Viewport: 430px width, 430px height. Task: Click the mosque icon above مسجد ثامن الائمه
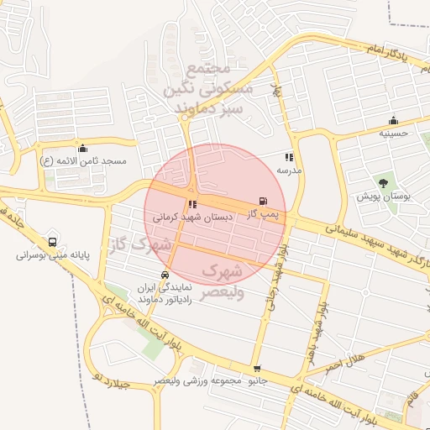coord(82,148)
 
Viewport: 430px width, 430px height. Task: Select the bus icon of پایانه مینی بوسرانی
coord(54,241)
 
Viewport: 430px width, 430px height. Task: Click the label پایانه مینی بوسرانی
coord(54,254)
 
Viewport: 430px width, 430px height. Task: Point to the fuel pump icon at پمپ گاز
coord(264,201)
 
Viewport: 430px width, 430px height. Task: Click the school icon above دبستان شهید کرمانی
coord(192,204)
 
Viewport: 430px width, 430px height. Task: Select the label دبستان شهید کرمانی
coord(192,217)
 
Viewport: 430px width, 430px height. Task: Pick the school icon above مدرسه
coord(289,157)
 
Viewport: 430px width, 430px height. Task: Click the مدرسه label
coord(289,170)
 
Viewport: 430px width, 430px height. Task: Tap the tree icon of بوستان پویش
coord(383,182)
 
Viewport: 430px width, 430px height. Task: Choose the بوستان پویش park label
coord(383,196)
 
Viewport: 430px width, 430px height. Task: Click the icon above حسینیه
coord(393,120)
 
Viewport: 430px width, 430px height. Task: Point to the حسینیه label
coord(393,133)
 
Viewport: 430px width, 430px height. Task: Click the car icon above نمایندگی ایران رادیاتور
coord(165,275)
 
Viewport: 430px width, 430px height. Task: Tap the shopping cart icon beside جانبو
coord(256,369)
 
